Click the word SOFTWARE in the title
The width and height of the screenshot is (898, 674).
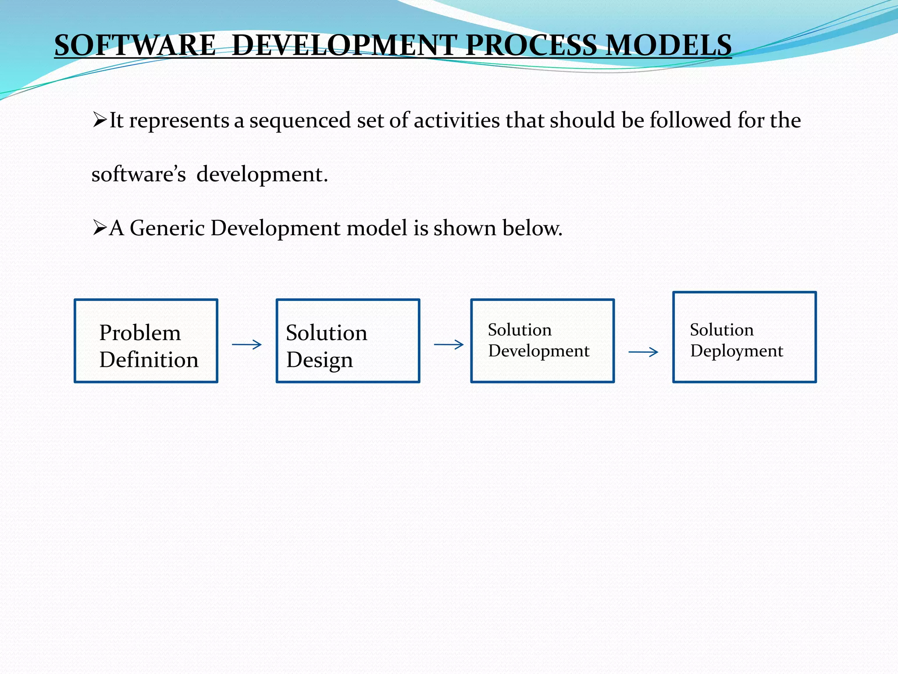point(135,45)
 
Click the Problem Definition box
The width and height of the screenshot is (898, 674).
point(146,341)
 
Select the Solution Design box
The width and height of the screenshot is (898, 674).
point(348,341)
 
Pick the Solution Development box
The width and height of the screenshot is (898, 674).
point(542,341)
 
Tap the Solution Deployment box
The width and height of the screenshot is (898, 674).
point(745,337)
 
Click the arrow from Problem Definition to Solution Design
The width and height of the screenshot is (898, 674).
point(247,345)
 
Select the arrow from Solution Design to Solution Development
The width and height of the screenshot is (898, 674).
point(449,345)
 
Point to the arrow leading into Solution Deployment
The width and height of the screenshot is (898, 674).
point(643,352)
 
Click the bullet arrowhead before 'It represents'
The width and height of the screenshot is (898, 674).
point(100,119)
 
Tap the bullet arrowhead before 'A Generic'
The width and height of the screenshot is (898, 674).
point(100,228)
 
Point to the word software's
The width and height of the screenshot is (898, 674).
point(139,175)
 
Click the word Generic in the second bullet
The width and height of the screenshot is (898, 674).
point(167,228)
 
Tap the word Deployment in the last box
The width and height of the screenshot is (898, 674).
point(737,351)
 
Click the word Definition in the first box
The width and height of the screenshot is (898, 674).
point(149,360)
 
